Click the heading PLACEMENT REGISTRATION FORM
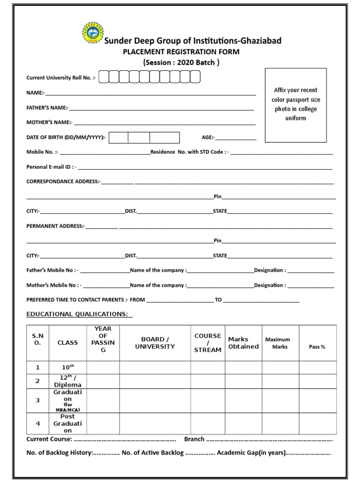click(x=181, y=52)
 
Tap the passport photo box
click(x=295, y=105)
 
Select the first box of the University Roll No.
click(x=103, y=77)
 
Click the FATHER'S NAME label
click(x=47, y=108)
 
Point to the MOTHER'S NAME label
click(x=49, y=122)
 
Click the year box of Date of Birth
click(x=165, y=137)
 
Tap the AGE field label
click(x=208, y=137)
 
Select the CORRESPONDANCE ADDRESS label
click(x=63, y=181)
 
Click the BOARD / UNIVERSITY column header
click(x=155, y=343)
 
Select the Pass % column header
click(x=317, y=347)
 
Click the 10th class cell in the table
click(x=67, y=367)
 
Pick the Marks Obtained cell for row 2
click(x=243, y=381)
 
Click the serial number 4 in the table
click(x=38, y=423)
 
